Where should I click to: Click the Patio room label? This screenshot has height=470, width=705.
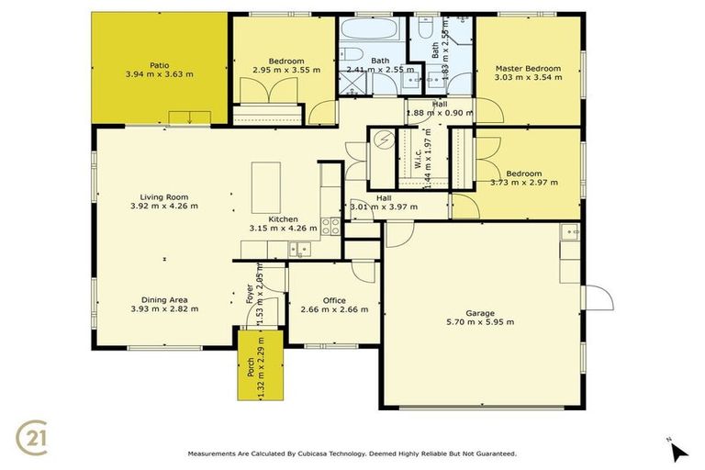click(x=161, y=65)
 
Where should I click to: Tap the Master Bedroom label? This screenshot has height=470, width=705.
click(x=528, y=68)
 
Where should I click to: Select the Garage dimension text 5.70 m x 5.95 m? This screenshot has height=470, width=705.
click(x=479, y=321)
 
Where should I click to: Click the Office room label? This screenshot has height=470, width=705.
click(x=334, y=299)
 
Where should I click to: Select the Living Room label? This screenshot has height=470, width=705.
click(x=164, y=196)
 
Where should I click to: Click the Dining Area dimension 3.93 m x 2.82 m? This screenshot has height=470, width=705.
click(x=164, y=308)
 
